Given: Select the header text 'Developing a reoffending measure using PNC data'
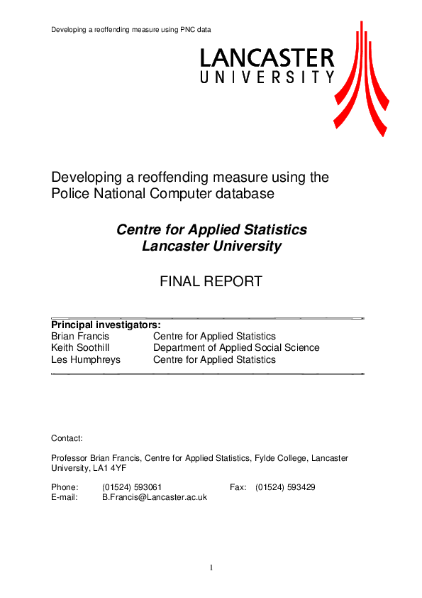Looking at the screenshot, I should pos(131,29).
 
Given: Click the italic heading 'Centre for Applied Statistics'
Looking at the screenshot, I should pos(211,230).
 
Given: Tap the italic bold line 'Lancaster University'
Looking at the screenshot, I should pos(211,246).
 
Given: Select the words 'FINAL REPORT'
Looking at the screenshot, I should pos(211,281).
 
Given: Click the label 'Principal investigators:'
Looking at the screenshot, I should pos(106,325).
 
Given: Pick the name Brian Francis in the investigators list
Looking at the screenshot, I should pos(80,336).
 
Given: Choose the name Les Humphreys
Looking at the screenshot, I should pos(86,359).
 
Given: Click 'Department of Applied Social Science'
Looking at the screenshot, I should pos(236,348).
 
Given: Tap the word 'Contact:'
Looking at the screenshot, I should pos(67,438).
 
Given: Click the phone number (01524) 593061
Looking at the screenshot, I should pos(132,487).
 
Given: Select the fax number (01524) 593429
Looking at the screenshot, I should pos(285,487).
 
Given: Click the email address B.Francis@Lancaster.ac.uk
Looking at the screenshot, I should pos(155,498).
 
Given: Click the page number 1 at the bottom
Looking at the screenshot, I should pos(211,567).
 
